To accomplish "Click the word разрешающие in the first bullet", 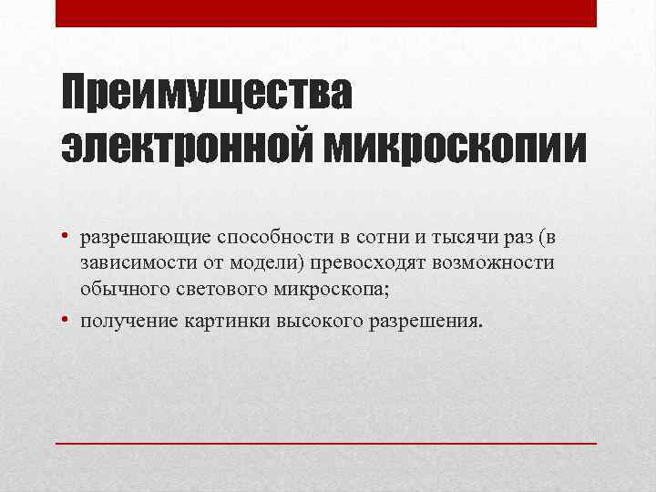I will pos(146,238).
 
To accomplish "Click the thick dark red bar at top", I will pos(326,13).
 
